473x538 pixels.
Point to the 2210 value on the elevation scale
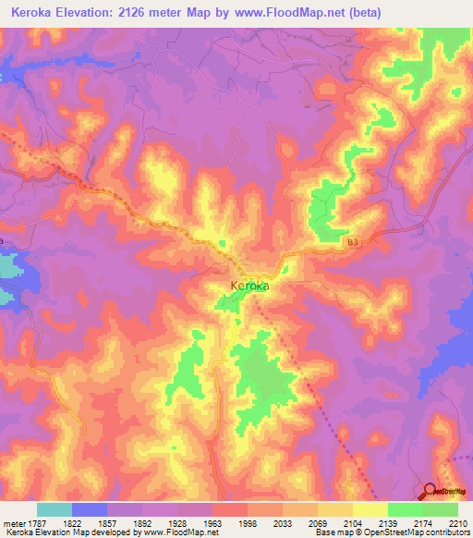(458, 523)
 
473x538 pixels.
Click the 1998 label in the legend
(249, 523)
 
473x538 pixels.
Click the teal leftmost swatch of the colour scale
(55, 509)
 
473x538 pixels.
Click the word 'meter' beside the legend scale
(13, 523)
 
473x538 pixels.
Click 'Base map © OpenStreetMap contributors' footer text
(391, 533)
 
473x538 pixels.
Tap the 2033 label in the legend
(284, 523)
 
